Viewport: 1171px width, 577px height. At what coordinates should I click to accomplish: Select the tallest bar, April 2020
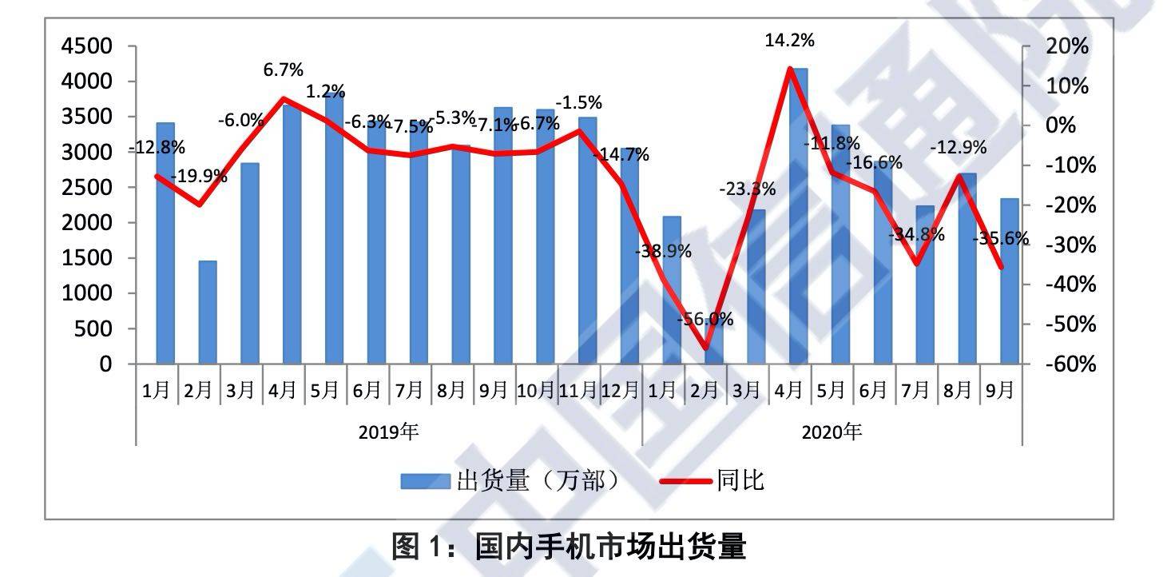tap(798, 216)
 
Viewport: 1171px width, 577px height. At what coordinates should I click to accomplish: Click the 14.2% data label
tap(789, 40)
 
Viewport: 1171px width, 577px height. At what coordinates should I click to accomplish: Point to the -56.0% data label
tap(705, 320)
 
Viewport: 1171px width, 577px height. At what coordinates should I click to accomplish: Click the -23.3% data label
tap(747, 189)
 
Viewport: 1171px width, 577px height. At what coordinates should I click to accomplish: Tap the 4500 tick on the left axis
tap(88, 46)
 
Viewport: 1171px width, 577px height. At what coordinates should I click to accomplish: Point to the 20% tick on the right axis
tap(1066, 46)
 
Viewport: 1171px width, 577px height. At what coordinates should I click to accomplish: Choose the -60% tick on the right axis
tap(1066, 364)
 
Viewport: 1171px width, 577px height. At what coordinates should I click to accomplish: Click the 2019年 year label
tap(388, 432)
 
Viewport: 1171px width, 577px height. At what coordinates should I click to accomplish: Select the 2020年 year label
tap(832, 432)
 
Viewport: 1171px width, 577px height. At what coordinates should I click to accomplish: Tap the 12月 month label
tap(621, 390)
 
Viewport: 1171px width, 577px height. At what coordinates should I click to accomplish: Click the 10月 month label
tap(536, 390)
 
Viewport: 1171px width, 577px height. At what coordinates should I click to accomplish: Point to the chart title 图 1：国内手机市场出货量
tap(569, 547)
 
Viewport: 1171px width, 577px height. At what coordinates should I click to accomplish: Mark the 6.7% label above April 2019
tap(284, 70)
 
